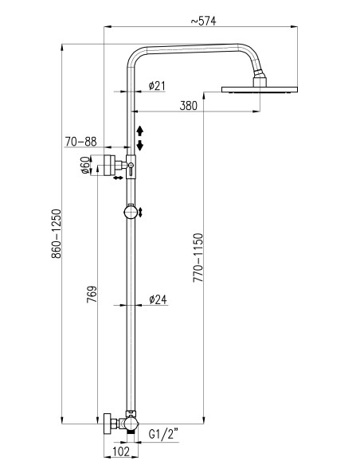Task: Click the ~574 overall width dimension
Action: coord(203,21)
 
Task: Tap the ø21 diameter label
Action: coord(157,86)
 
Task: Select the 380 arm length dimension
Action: coord(188,106)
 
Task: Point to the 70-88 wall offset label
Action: coord(80,142)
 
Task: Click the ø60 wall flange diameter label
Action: coord(85,165)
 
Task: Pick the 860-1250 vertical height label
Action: coord(56,233)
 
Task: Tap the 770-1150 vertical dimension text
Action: coord(198,257)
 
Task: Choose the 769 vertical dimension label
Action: coord(92,294)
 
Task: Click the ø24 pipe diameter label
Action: coord(158,299)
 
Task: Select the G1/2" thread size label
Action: coord(163,435)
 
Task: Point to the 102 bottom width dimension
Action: coord(121,451)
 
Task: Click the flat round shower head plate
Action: coord(260,89)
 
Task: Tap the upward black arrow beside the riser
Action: coord(140,131)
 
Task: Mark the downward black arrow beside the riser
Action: coord(140,145)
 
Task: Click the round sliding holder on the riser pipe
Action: coord(131,212)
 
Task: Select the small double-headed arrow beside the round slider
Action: coord(140,212)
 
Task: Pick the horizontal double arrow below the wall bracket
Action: coord(118,178)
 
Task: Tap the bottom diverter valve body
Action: coord(131,423)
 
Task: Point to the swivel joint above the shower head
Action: coord(259,74)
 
